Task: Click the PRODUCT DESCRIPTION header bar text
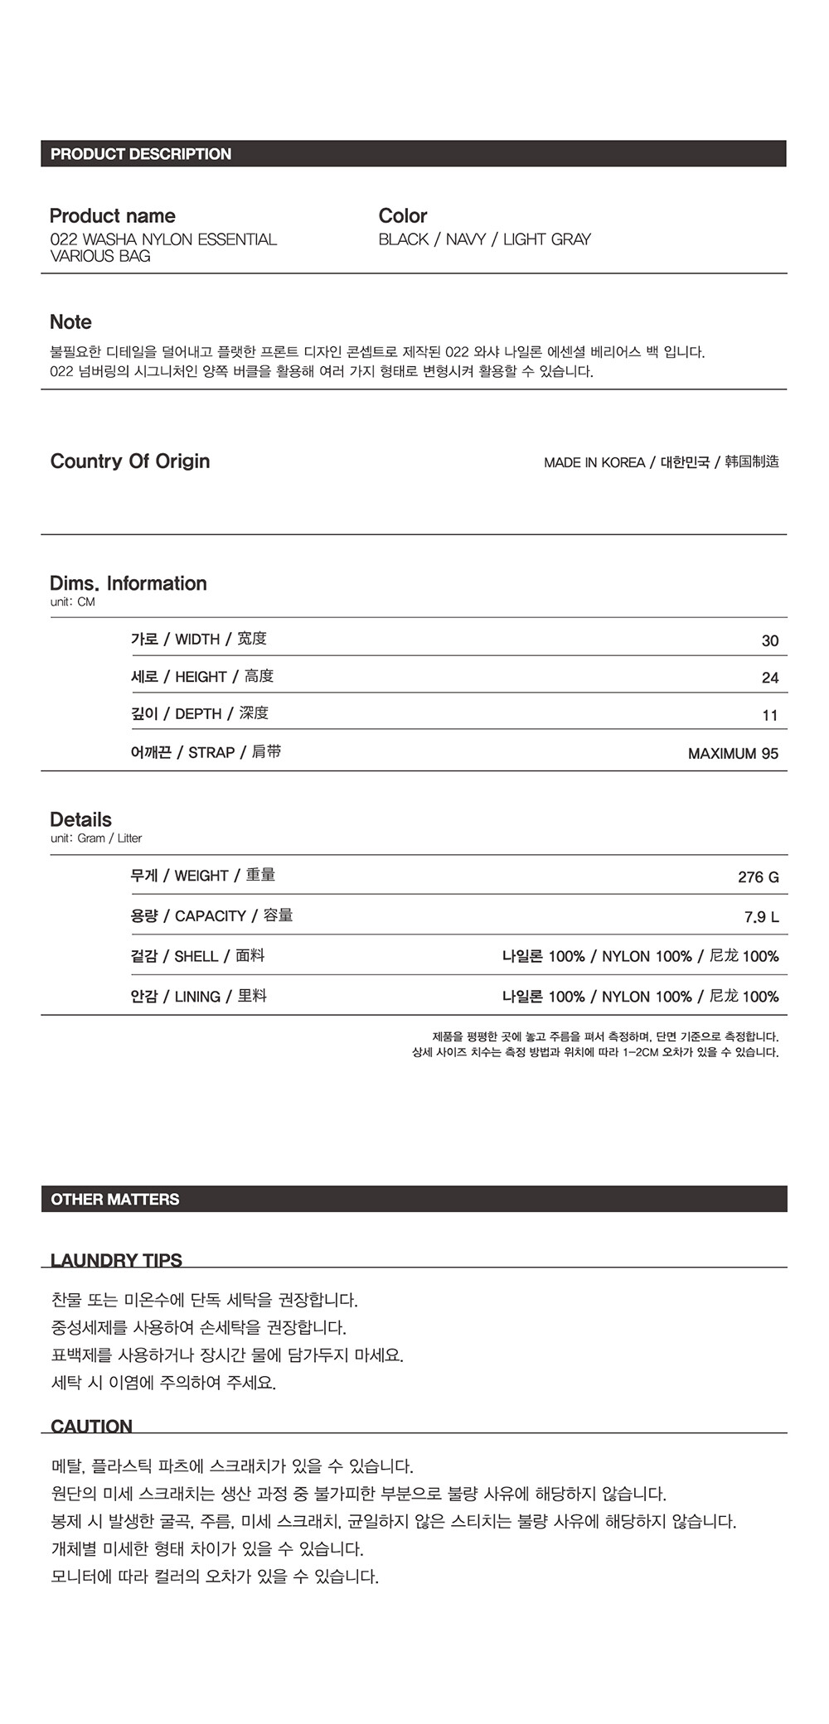point(141,154)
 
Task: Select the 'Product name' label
point(113,216)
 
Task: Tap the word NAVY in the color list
point(465,239)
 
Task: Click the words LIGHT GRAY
point(546,239)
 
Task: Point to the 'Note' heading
point(70,322)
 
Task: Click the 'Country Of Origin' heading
point(130,461)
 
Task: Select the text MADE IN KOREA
point(594,462)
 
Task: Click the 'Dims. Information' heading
point(128,583)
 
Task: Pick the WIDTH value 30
point(769,640)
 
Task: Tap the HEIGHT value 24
point(769,678)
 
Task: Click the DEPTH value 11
point(769,715)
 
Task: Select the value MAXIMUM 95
point(733,753)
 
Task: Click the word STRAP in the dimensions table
point(211,752)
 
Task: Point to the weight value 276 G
point(758,876)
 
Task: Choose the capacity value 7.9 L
point(761,916)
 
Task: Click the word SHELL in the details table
point(196,956)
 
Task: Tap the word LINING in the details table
point(197,997)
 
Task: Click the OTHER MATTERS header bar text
point(115,1199)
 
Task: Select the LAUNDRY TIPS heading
point(116,1260)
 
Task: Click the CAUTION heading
point(91,1426)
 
